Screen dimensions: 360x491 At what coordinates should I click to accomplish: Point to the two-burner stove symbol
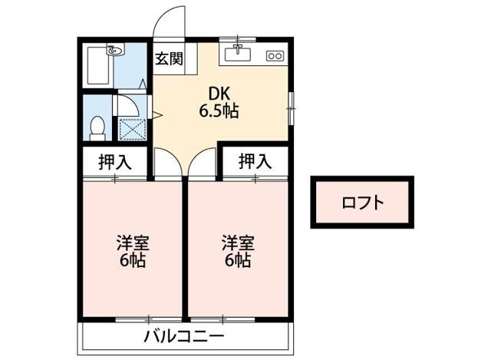[x=274, y=56]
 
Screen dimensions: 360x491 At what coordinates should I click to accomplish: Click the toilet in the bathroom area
[x=97, y=128]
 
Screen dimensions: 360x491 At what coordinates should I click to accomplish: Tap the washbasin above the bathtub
[x=114, y=51]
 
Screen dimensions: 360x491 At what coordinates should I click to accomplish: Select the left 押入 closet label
[x=115, y=162]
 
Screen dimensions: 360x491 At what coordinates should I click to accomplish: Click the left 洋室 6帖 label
[x=132, y=251]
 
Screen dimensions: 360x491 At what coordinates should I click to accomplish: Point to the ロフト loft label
[x=362, y=203]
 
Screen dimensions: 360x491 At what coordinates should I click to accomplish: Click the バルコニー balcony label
[x=184, y=337]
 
